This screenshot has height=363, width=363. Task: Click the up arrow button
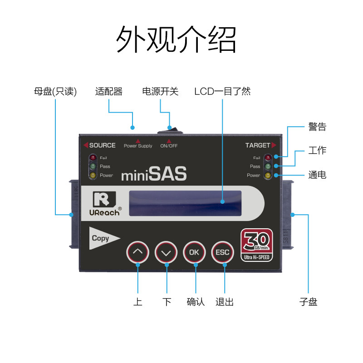(x=137, y=252)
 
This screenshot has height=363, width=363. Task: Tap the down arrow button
(x=166, y=252)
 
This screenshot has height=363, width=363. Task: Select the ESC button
(x=223, y=252)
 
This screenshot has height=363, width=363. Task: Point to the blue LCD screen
(x=185, y=203)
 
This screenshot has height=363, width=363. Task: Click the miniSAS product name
(x=154, y=175)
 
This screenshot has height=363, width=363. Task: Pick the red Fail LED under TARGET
(x=268, y=158)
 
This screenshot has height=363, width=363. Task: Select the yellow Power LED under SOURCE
(x=93, y=175)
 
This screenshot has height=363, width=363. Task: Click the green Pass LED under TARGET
(x=268, y=167)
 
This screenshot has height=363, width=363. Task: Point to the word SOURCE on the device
(x=102, y=146)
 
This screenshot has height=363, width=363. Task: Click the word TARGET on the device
(x=257, y=146)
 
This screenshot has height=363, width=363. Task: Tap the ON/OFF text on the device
(x=169, y=146)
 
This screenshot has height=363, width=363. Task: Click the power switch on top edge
(x=170, y=131)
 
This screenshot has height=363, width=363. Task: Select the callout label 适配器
(x=109, y=91)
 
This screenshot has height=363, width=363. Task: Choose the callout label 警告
(x=317, y=127)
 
